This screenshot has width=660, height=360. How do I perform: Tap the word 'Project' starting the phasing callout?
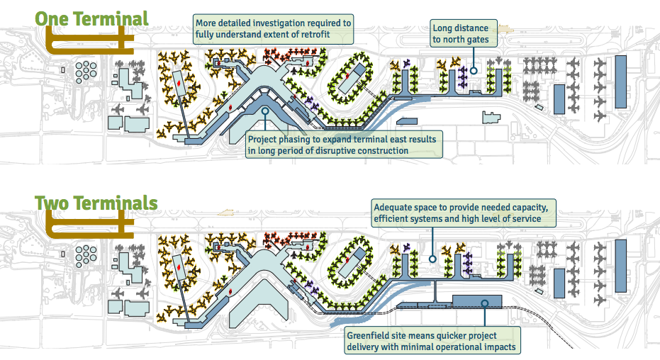click(262, 138)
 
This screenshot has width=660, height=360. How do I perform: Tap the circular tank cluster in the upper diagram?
click(85, 71)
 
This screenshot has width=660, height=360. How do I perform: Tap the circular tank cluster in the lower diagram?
click(85, 254)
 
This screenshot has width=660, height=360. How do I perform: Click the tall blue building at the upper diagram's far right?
click(621, 82)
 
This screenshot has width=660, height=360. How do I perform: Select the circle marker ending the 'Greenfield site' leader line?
click(484, 303)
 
